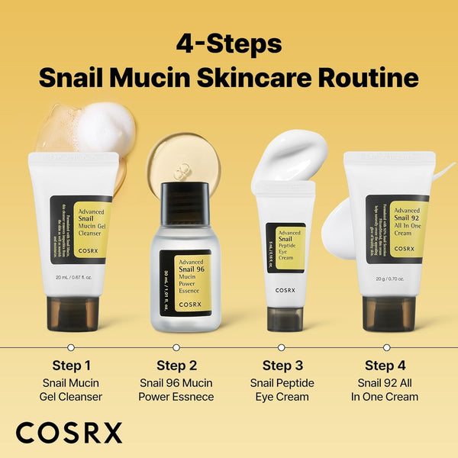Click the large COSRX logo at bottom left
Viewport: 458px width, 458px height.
(x=69, y=432)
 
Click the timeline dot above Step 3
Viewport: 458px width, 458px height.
(x=282, y=347)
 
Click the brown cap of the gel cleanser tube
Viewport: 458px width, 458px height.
(x=73, y=313)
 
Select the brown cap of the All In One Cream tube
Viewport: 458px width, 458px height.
(x=389, y=313)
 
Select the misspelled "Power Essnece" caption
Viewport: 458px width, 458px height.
(x=176, y=397)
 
